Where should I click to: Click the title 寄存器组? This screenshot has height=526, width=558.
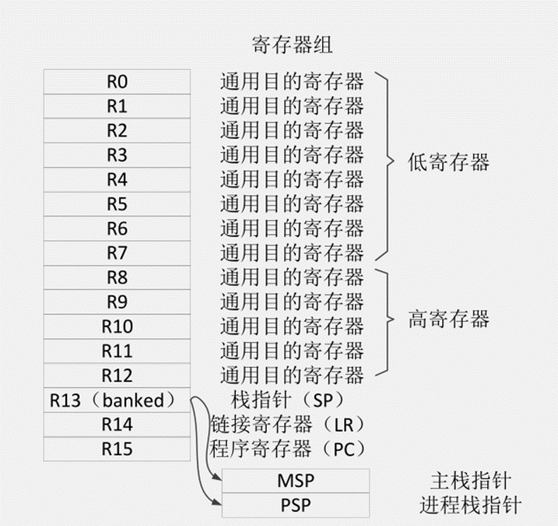292,44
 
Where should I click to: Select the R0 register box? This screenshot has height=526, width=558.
117,81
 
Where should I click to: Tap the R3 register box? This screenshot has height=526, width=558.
117,154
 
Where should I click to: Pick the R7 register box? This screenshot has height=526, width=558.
117,252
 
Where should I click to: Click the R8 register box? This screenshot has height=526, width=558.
117,277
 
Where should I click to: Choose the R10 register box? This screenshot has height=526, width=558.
117,326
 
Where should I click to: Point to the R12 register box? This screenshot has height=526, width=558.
117,375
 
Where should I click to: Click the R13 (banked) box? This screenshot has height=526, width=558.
117,400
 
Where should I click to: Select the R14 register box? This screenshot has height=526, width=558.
117,424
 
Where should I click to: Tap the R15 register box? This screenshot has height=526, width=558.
117,449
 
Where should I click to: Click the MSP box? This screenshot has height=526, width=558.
295,481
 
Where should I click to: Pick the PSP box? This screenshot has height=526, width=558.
295,505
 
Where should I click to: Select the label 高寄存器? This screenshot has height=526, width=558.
448,319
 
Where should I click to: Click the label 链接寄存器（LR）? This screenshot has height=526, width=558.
288,425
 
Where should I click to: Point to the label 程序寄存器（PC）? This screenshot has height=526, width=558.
288,449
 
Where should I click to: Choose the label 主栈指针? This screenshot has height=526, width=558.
470,480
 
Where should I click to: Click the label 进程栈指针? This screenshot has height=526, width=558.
470,504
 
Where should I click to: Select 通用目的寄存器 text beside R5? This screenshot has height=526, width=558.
292,203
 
